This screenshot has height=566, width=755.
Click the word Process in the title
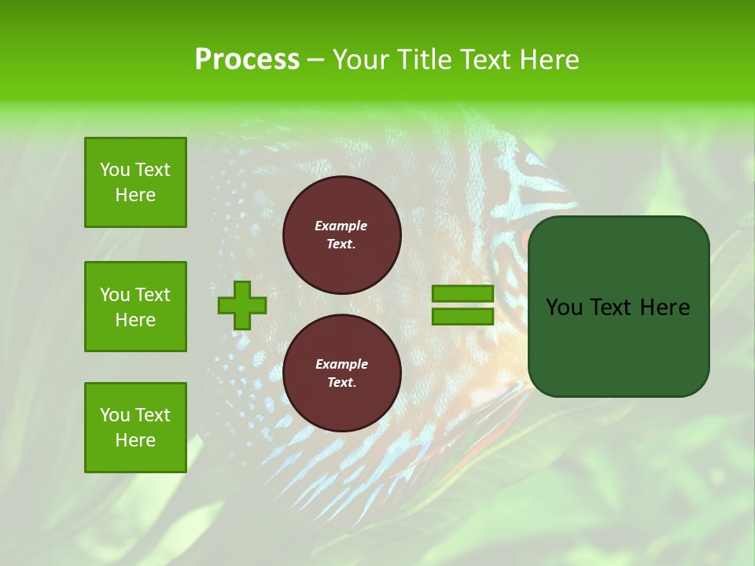pos(247,60)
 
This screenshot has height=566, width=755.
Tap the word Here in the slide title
pos(550,60)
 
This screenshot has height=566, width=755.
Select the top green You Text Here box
pos(135,182)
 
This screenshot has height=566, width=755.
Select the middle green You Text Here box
pos(135,307)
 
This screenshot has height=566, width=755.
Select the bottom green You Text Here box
pos(135,428)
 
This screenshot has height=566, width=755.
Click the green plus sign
pos(242,306)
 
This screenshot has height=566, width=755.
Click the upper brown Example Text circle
pos(341,235)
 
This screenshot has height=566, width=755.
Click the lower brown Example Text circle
pos(341,373)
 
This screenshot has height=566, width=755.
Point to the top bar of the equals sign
pos(462,294)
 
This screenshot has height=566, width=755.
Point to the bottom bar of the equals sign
pos(462,316)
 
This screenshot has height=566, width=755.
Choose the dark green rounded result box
pos(618,346)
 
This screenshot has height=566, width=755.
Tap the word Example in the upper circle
pos(341,226)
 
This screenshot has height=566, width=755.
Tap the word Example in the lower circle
pos(341,364)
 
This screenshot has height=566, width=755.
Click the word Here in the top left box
pos(135,195)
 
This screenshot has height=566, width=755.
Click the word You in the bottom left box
pos(115,415)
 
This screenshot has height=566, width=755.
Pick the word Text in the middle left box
pos(152,295)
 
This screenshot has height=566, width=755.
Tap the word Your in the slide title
pos(359,60)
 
